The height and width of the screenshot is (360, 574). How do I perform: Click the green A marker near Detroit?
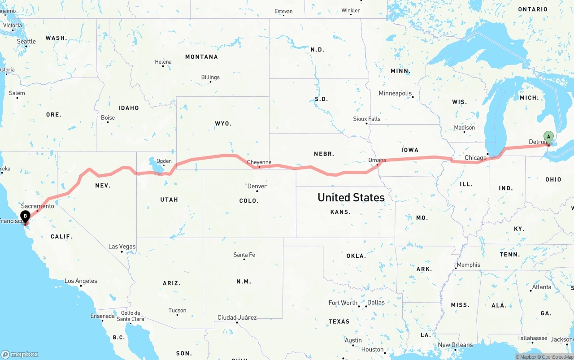tap(548, 137)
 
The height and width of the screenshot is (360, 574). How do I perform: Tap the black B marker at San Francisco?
tap(26, 216)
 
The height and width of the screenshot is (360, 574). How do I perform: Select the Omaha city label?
tap(377, 160)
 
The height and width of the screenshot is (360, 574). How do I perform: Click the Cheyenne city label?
tap(259, 162)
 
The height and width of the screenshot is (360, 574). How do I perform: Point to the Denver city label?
tap(257, 186)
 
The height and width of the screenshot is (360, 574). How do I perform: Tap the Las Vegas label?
tap(122, 247)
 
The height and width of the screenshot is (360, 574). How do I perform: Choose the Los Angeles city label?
tap(81, 281)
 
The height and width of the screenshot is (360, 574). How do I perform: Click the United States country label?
tap(351, 197)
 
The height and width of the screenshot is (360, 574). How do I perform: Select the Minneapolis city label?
tap(395, 93)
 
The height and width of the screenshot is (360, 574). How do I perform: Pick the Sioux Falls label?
tap(366, 119)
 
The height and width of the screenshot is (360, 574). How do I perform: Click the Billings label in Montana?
tap(210, 77)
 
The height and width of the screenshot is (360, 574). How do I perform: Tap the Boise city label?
tap(108, 118)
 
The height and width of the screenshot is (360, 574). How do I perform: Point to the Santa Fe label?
tap(244, 255)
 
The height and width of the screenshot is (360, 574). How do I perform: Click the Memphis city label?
tap(468, 265)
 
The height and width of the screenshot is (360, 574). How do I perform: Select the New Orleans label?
tap(455, 345)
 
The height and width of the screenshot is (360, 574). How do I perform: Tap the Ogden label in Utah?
tap(164, 161)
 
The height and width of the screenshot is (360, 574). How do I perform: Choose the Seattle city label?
tap(26, 41)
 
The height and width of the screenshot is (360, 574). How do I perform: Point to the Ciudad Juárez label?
tap(237, 317)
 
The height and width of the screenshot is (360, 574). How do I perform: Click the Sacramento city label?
tap(38, 206)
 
